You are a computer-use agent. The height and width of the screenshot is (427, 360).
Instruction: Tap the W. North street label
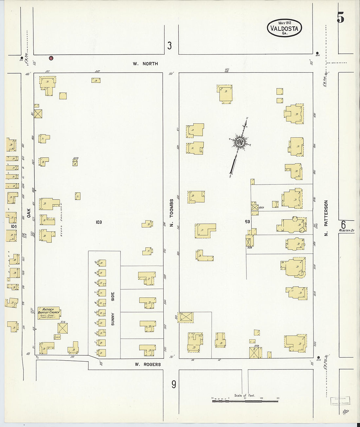tap(145, 64)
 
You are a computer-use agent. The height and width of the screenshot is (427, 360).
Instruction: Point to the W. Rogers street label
tap(148, 364)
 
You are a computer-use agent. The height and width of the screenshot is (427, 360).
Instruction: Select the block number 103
tap(99, 222)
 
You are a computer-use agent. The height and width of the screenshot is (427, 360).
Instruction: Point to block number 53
tap(247, 222)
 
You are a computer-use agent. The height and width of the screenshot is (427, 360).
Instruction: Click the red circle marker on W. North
tap(51, 58)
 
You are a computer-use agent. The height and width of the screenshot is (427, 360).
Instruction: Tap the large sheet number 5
tap(340, 18)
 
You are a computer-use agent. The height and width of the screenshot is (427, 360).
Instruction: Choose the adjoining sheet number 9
tap(174, 384)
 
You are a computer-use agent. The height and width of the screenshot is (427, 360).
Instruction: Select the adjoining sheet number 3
tap(169, 45)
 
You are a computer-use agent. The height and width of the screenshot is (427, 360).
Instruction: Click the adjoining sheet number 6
tap(343, 225)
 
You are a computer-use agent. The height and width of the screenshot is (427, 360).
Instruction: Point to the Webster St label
tap(347, 231)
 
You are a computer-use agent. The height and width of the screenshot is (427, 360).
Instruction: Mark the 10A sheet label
tap(13, 226)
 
